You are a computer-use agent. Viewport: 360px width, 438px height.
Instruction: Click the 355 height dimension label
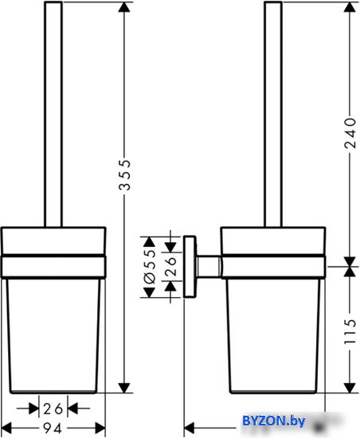tap(124, 175)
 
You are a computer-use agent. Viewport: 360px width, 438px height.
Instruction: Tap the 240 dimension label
tap(350, 133)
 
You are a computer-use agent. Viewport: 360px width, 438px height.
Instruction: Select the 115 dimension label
tap(350, 331)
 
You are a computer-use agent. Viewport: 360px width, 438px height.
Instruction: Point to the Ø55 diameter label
tap(150, 267)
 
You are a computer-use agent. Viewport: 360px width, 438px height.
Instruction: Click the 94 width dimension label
tap(53, 428)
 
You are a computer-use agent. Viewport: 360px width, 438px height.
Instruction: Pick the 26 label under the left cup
tap(53, 409)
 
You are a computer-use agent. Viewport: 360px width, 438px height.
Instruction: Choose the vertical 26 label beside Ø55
tap(170, 266)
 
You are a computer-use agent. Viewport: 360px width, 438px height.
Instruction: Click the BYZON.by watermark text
tap(274, 420)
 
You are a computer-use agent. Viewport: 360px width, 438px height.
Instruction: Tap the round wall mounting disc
tap(190, 267)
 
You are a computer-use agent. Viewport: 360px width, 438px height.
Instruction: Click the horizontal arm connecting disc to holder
tap(209, 267)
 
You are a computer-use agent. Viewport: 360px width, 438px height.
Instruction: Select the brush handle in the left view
tap(53, 114)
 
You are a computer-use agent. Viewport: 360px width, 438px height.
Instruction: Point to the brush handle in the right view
tap(273, 114)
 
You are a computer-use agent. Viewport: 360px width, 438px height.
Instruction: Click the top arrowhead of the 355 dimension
tap(124, 7)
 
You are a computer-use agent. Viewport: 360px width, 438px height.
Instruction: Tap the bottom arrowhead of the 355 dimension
tap(124, 388)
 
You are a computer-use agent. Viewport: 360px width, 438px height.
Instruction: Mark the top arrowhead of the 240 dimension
tap(350, 7)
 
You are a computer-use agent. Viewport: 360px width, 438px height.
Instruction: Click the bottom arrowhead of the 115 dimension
tap(350, 388)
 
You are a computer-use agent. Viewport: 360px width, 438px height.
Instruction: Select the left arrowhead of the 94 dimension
tap(6, 428)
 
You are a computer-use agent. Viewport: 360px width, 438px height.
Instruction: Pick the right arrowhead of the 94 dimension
tap(100, 428)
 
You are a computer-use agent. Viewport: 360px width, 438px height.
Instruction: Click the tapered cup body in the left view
tap(53, 336)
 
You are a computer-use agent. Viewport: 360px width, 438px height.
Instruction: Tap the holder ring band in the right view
tap(273, 267)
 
